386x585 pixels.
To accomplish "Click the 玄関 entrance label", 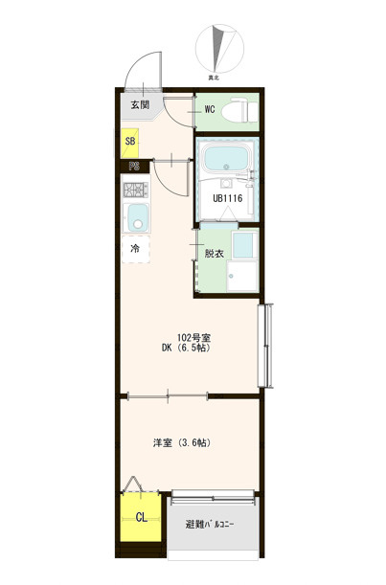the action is [140, 104].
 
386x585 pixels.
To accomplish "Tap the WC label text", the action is [210, 109].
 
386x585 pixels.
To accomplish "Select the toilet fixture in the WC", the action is [239, 110].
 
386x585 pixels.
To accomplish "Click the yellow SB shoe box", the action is [130, 143].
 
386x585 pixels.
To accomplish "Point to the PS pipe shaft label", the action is [134, 167].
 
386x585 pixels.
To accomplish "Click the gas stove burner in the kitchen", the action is [136, 190].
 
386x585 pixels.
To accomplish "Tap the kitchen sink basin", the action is [138, 217].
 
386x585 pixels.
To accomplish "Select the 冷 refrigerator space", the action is [135, 249].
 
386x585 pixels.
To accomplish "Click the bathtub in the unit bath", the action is [225, 159].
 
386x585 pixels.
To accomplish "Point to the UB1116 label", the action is [228, 198].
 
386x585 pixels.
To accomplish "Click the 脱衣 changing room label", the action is [214, 254].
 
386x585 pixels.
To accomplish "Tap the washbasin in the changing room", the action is [244, 245].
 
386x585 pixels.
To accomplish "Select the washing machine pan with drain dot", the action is [242, 277].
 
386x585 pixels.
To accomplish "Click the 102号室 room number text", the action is [193, 338].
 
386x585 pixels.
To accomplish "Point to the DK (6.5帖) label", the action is [186, 349].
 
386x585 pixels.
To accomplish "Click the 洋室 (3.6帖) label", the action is [182, 443].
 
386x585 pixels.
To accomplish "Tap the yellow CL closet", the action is [141, 517].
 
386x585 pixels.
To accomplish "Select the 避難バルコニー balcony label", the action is [210, 525].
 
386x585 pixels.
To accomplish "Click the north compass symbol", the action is [219, 49].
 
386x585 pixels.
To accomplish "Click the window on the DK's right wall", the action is [265, 346].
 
